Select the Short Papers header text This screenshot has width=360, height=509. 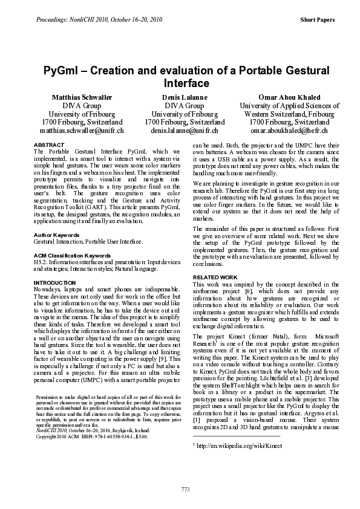317,20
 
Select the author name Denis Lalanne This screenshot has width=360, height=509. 185,97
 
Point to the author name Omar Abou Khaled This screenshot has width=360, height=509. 289,97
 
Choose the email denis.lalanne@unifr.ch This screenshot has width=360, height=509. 185,131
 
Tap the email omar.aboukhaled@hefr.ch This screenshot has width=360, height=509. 289,131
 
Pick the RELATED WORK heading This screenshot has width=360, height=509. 215,277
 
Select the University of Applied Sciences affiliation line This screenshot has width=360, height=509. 289,105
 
